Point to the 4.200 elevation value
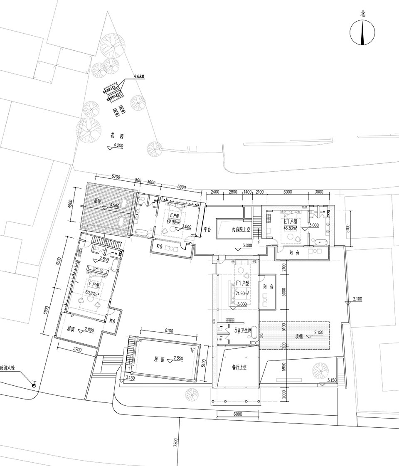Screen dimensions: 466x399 119,146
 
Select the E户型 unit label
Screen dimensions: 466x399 175,216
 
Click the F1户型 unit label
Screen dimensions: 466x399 242,283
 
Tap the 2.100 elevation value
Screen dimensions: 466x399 358,299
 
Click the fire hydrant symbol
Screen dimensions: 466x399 34,385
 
